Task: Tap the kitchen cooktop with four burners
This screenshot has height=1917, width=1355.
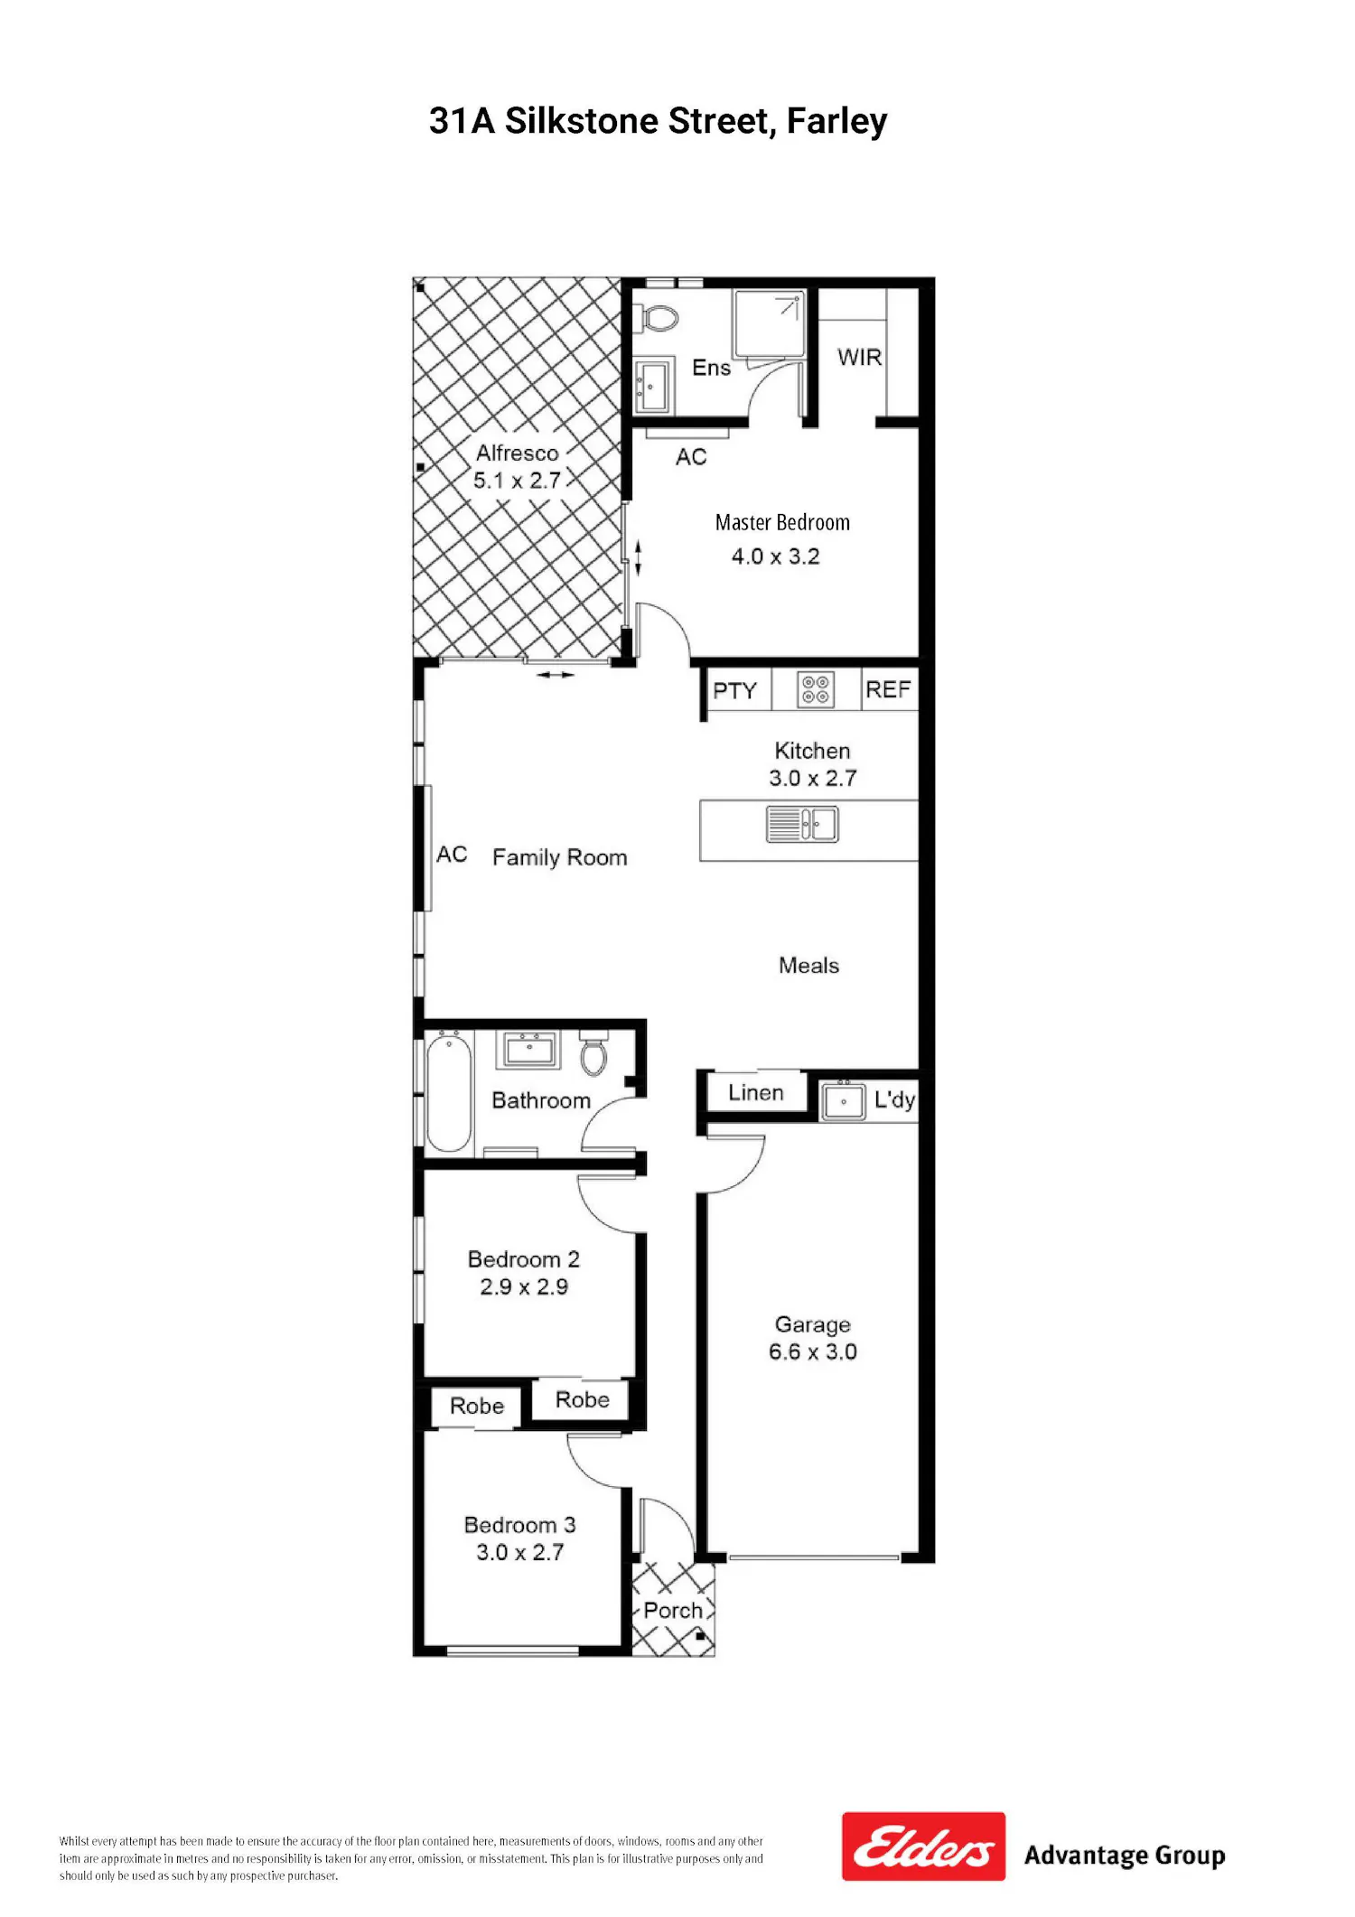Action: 816,689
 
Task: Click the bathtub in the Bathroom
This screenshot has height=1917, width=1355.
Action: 448,1093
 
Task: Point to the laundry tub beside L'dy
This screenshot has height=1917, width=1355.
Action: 844,1101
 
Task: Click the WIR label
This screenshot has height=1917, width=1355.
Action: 859,357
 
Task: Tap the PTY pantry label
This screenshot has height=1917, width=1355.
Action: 734,691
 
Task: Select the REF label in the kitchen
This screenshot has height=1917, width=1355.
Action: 888,689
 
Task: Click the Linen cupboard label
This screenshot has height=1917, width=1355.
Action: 756,1092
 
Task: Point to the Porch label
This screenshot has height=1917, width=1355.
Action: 673,1610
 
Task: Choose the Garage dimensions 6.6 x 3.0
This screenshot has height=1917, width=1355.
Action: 813,1351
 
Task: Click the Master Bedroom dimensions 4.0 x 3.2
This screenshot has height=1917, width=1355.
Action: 776,556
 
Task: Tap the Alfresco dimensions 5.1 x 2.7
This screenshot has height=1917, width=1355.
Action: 518,481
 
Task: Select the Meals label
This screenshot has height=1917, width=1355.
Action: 809,966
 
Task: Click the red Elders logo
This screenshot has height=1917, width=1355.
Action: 923,1847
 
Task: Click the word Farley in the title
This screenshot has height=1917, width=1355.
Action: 836,121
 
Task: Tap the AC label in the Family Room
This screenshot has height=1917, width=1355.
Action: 452,854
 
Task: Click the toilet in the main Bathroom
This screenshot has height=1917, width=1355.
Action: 593,1052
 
